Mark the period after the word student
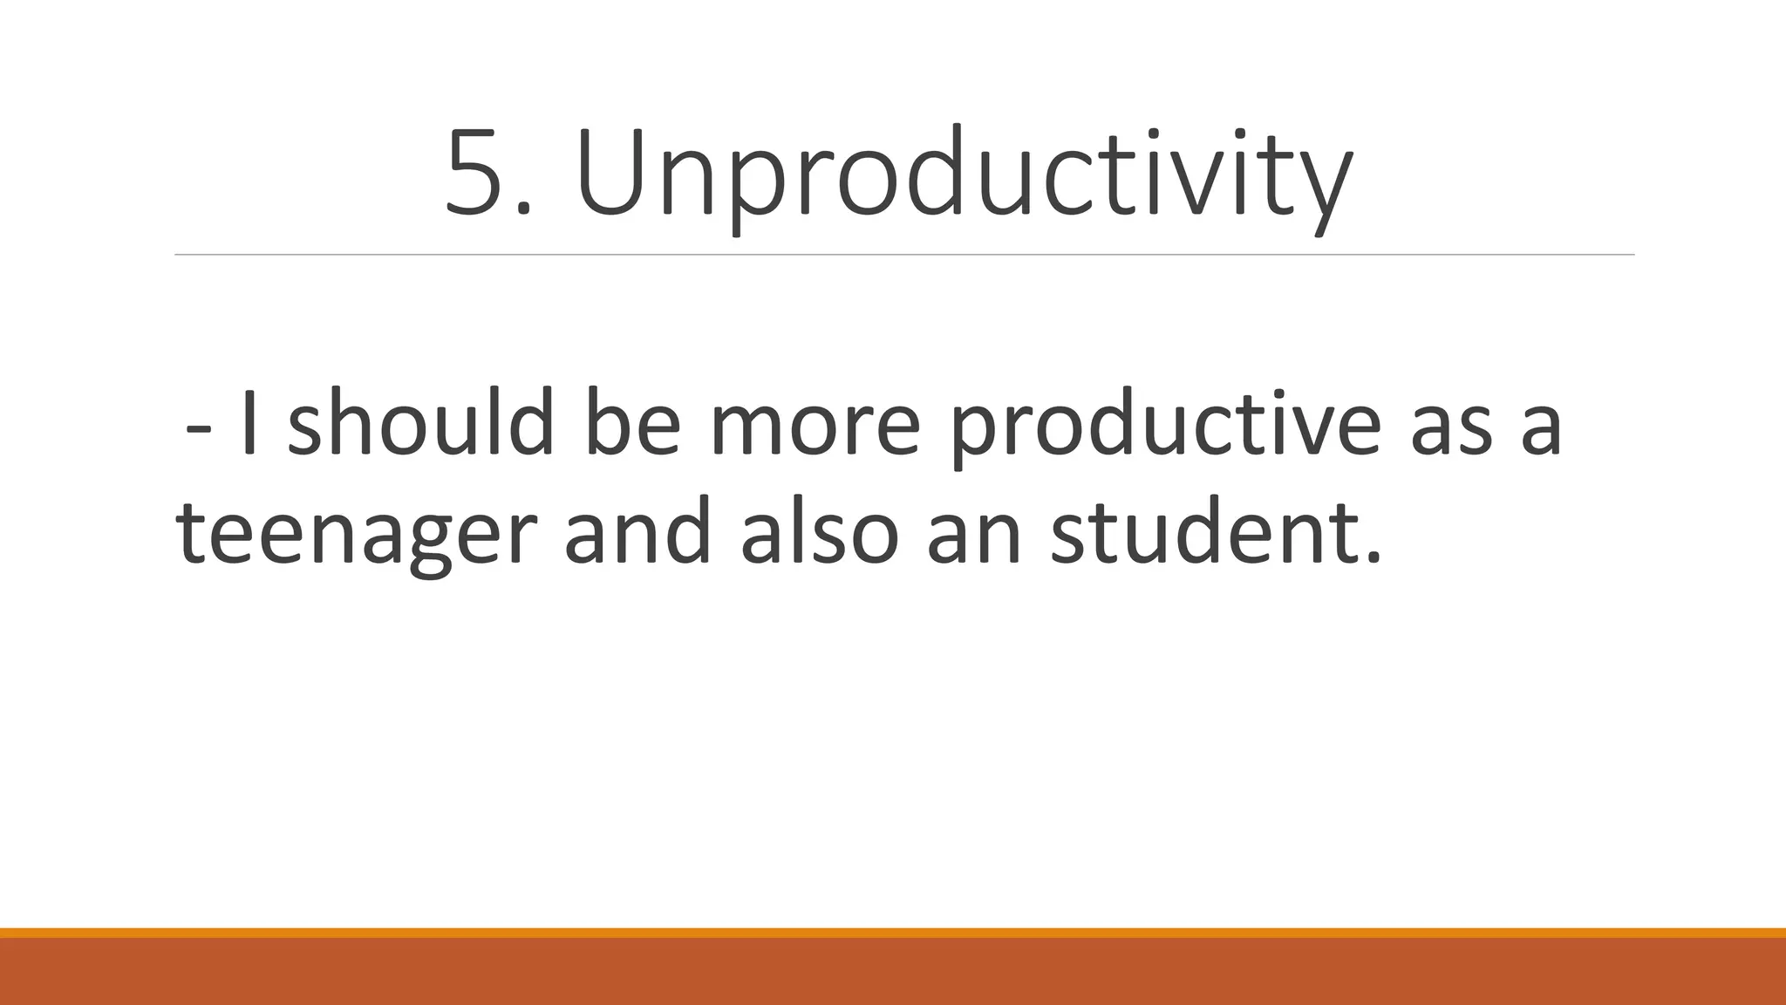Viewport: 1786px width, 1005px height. tap(1373, 558)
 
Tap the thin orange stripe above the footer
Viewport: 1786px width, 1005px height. tap(893, 933)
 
